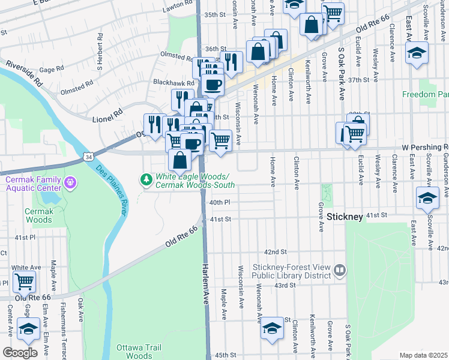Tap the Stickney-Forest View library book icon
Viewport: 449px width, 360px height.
click(x=340, y=271)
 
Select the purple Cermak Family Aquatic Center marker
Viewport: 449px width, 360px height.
click(x=70, y=181)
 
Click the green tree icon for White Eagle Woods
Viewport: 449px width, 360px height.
click(x=146, y=179)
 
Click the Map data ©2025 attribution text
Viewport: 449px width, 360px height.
click(x=423, y=355)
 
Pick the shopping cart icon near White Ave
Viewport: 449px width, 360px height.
click(x=24, y=280)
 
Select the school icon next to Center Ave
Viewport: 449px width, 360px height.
click(x=28, y=328)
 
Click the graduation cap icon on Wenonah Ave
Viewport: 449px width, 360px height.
click(x=272, y=328)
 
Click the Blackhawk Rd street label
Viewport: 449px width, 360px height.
click(x=173, y=83)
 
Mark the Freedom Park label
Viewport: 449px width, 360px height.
click(x=425, y=95)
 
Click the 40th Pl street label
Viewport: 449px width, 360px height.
click(x=220, y=203)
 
